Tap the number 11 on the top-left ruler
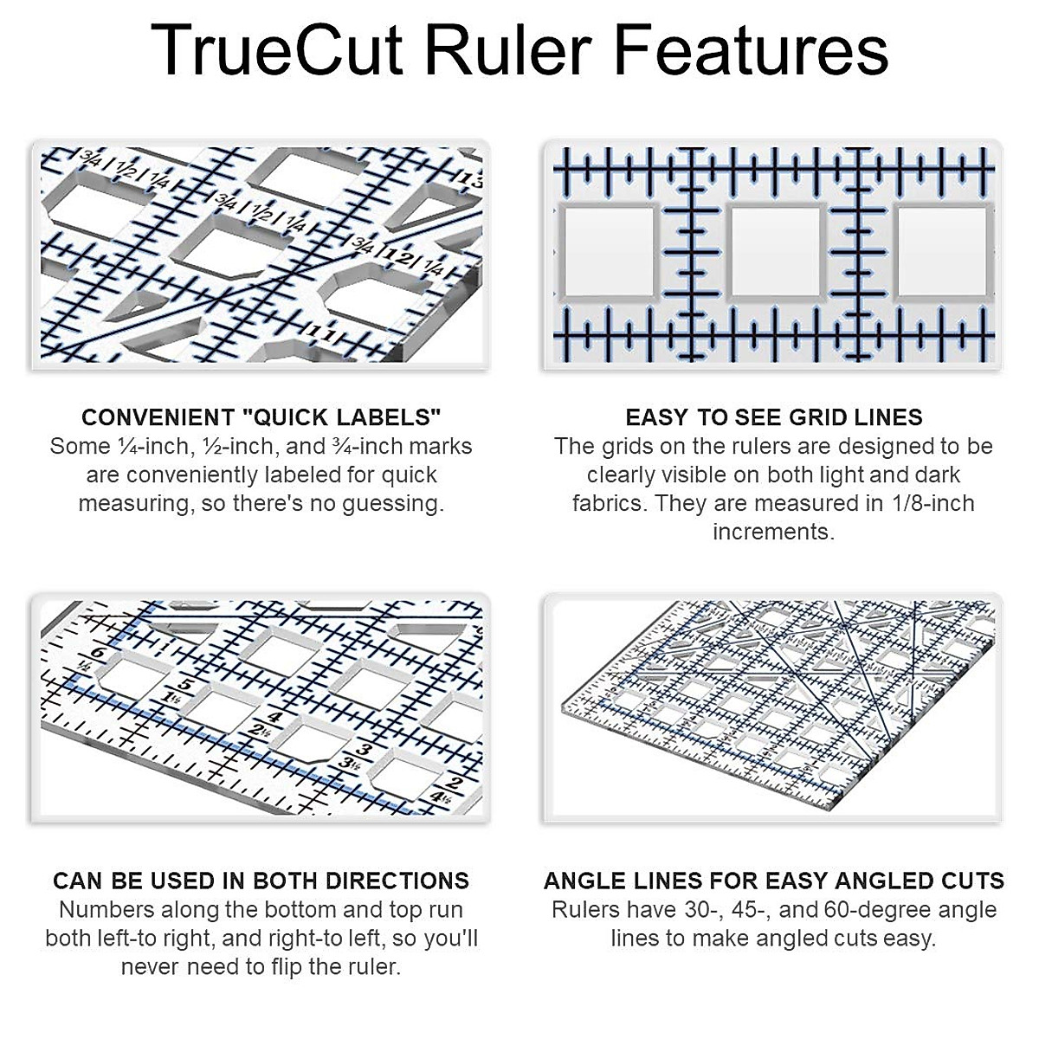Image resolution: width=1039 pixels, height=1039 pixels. (x=321, y=332)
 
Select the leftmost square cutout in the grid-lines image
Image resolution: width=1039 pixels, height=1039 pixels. (x=609, y=251)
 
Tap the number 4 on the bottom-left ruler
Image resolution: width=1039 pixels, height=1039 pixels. (x=274, y=717)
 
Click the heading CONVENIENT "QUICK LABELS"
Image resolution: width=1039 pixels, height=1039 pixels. (x=261, y=417)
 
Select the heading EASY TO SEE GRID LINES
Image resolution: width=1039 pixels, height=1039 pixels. (x=773, y=417)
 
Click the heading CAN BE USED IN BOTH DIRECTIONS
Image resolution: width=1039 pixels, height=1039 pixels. (x=261, y=881)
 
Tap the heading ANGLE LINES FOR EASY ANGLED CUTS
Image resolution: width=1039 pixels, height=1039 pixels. (x=773, y=881)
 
